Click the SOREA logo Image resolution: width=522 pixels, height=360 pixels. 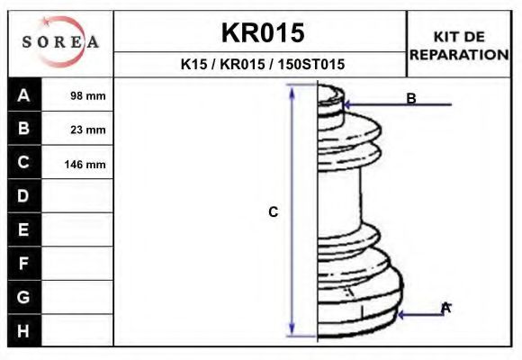(60, 41)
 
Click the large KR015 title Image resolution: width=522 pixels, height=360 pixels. (263, 32)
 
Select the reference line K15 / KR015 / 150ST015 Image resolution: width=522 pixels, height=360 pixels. (262, 64)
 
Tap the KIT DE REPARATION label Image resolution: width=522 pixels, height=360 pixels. (459, 46)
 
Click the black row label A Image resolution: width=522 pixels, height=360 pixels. (24, 94)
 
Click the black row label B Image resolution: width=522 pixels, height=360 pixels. (24, 128)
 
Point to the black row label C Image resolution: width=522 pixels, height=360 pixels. (24, 162)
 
